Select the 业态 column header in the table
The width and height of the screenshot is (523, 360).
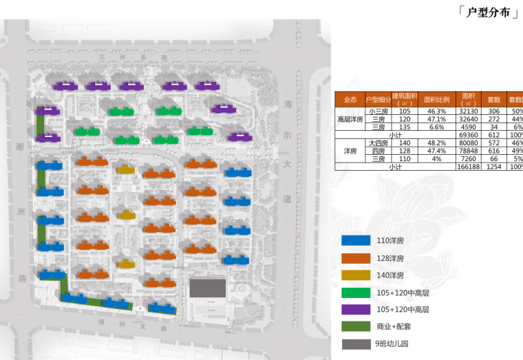pyautogui.click(x=350, y=100)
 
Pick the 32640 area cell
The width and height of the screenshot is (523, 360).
pyautogui.click(x=469, y=119)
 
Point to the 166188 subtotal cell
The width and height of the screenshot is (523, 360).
pyautogui.click(x=469, y=167)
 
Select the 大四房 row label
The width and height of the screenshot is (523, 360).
pyautogui.click(x=378, y=143)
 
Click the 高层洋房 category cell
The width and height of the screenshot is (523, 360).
pyautogui.click(x=350, y=119)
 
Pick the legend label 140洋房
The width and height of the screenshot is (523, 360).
pyautogui.click(x=389, y=275)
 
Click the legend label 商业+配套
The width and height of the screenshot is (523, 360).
pyautogui.click(x=392, y=327)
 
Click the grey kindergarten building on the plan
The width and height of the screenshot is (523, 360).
pyautogui.click(x=208, y=288)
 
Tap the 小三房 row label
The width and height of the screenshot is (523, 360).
pyautogui.click(x=378, y=112)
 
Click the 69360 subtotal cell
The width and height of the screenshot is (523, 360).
pyautogui.click(x=469, y=136)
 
